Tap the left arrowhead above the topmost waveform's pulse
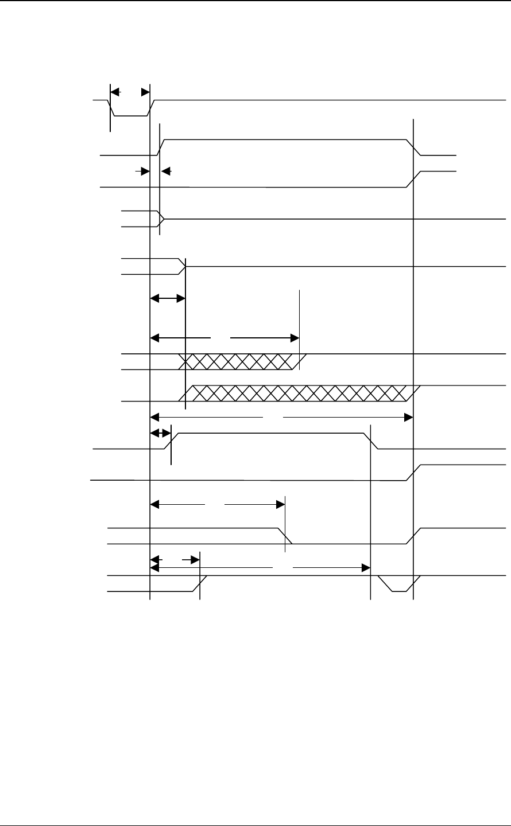[114, 91]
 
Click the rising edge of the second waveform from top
[162, 147]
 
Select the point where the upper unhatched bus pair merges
[163, 219]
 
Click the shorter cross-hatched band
[238, 361]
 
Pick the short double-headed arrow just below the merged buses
[168, 298]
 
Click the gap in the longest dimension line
[273, 417]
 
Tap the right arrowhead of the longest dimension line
[409, 417]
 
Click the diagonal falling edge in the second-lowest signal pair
[285, 535]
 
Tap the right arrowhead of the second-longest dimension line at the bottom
[365, 568]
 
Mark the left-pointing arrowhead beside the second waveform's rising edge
[166, 170]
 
